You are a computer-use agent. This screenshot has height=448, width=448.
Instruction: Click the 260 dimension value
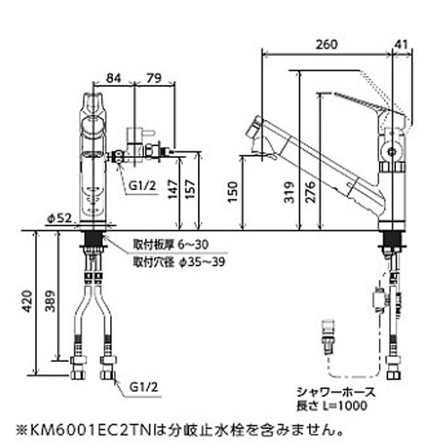tap(326, 45)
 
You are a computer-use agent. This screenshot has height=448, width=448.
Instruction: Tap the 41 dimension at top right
tap(401, 45)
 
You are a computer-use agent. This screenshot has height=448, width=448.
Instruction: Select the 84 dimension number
tap(114, 78)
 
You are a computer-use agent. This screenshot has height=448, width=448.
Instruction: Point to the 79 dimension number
tap(154, 78)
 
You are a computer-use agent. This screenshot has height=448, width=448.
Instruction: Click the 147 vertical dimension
tap(173, 189)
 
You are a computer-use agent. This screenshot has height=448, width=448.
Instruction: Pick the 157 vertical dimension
tap(190, 189)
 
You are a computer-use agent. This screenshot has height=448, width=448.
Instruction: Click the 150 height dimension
tap(232, 192)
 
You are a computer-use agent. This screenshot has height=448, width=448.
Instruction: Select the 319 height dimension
tap(289, 192)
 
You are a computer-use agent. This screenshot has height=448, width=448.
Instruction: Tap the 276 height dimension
tap(310, 192)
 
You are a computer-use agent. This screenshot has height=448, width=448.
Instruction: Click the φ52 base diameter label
tap(60, 219)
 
